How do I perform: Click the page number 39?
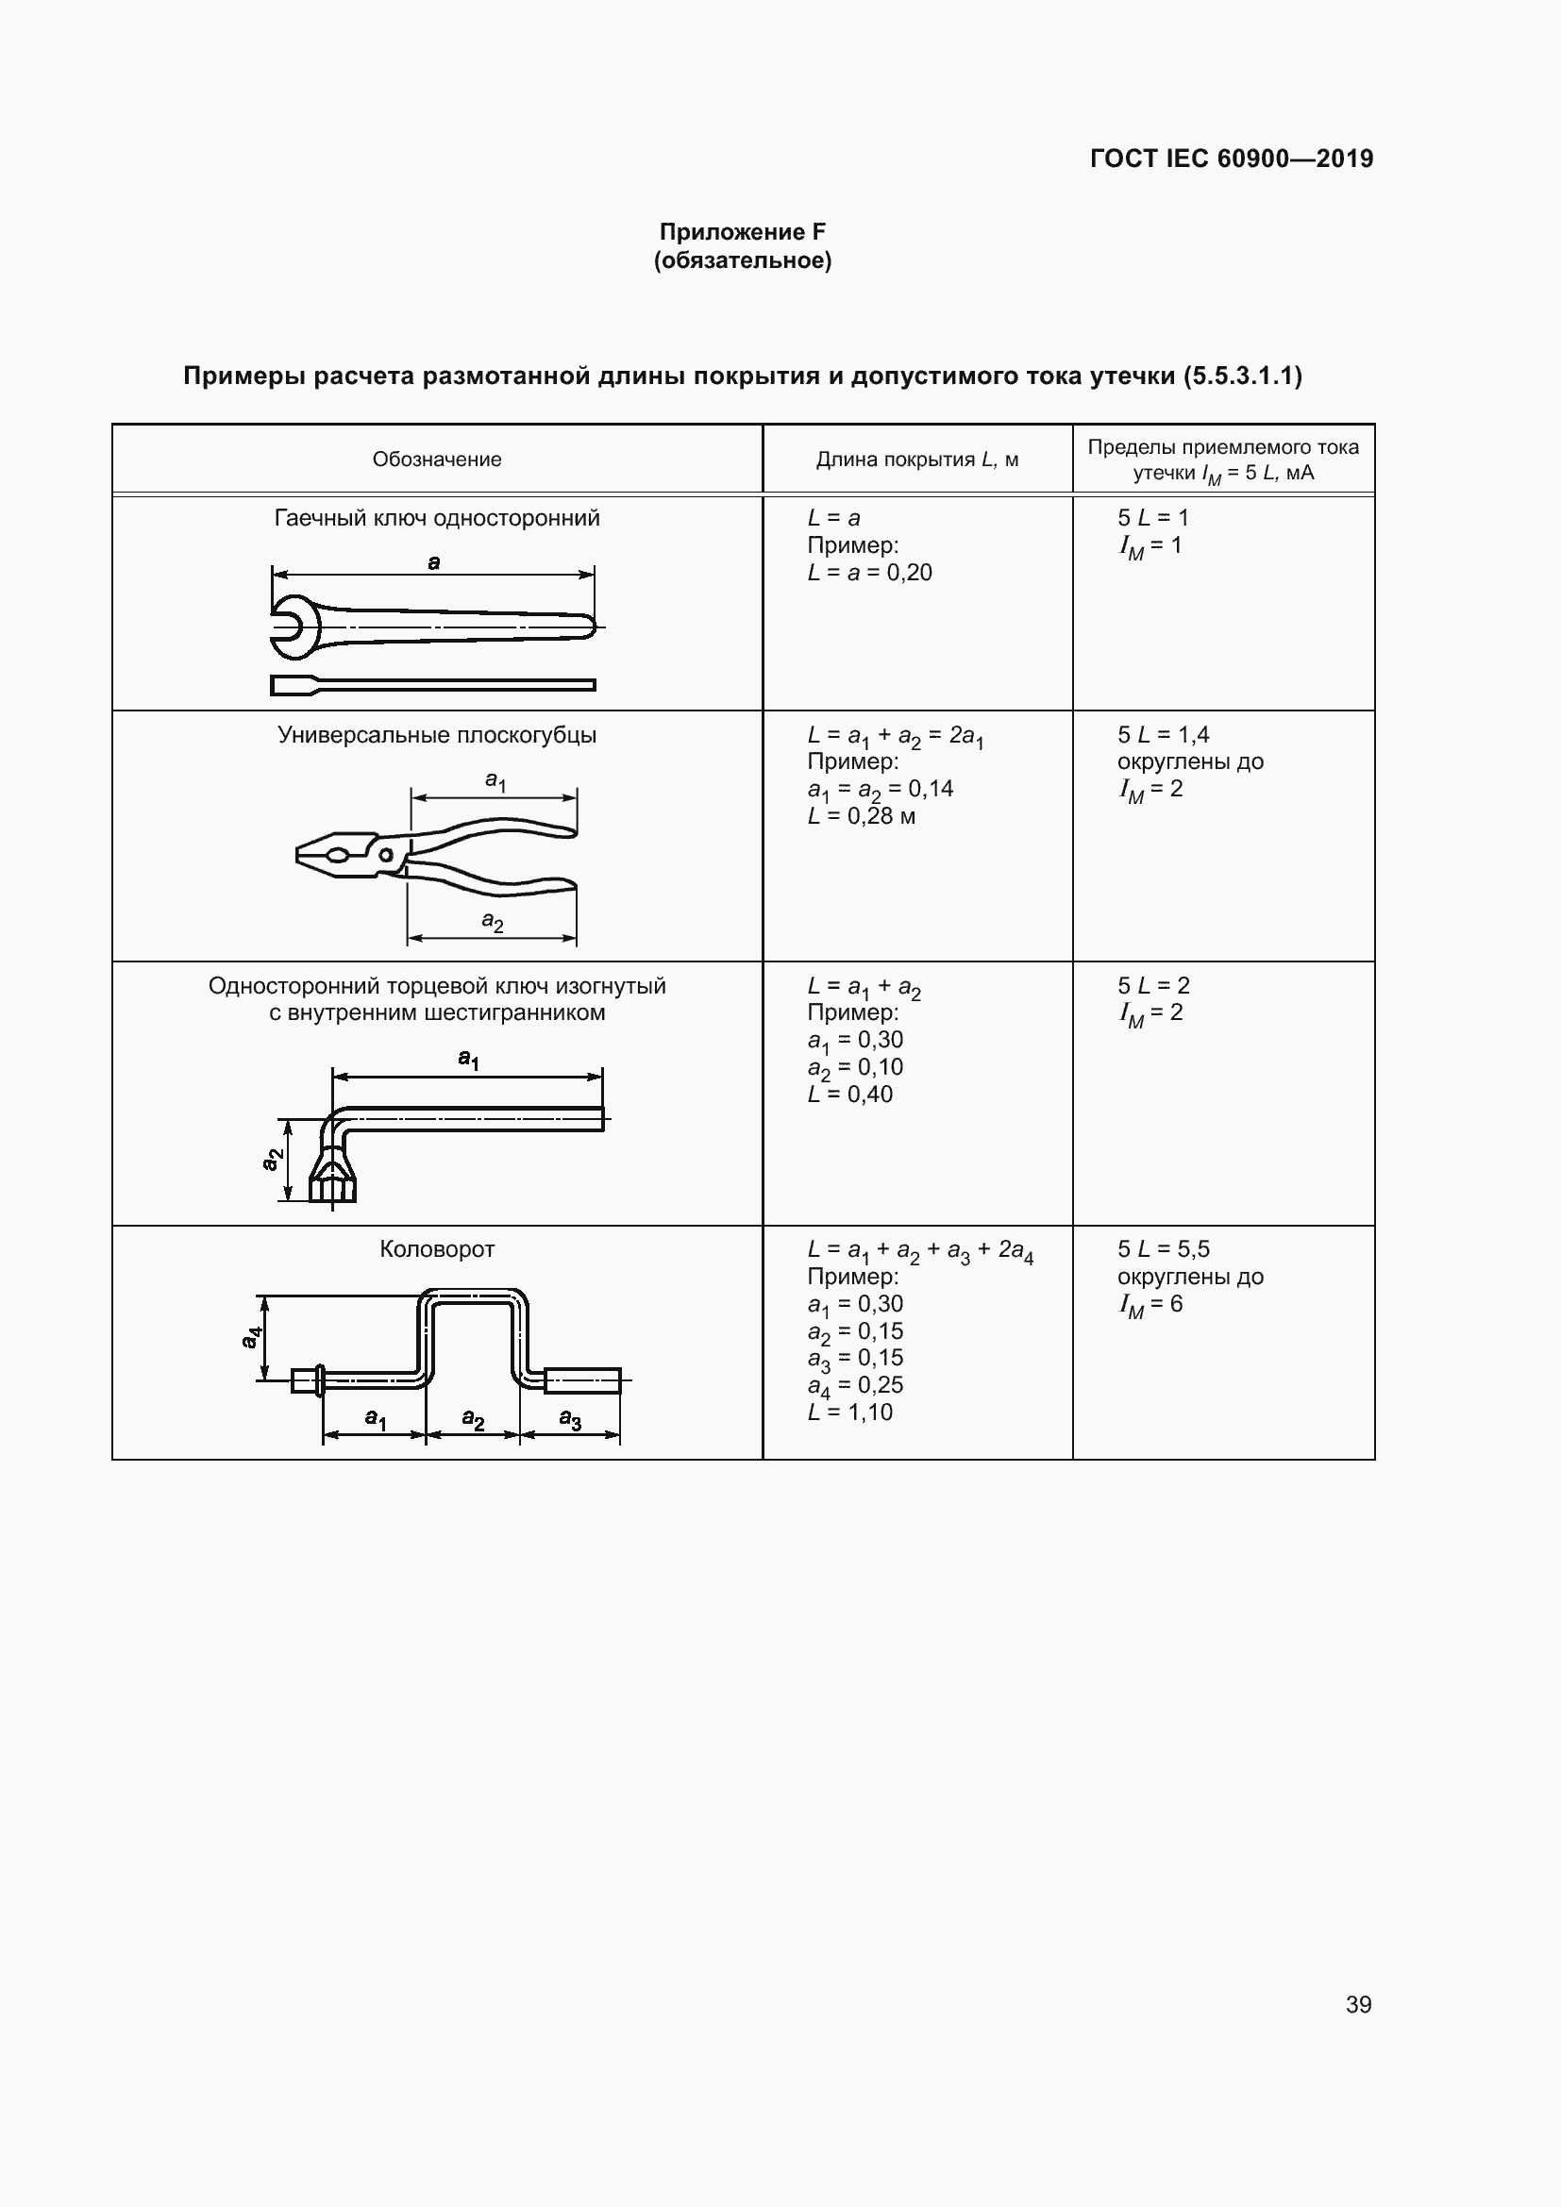pyautogui.click(x=1358, y=2004)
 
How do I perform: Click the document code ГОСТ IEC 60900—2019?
pyautogui.click(x=1232, y=159)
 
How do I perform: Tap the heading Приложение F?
pyautogui.click(x=742, y=232)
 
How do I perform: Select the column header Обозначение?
pyautogui.click(x=436, y=460)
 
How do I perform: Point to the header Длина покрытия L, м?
pyautogui.click(x=917, y=460)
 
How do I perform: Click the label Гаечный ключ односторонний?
pyautogui.click(x=436, y=518)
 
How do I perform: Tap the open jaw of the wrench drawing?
pyautogui.click(x=289, y=627)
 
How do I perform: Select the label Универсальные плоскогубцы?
pyautogui.click(x=436, y=735)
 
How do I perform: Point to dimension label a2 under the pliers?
pyautogui.click(x=492, y=922)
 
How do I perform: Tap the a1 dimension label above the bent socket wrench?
pyautogui.click(x=468, y=1060)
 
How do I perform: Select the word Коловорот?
pyautogui.click(x=436, y=1249)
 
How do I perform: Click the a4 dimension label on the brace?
pyautogui.click(x=251, y=1337)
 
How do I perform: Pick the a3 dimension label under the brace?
pyautogui.click(x=570, y=1420)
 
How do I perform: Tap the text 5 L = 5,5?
pyautogui.click(x=1163, y=1249)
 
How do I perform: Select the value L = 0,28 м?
pyautogui.click(x=862, y=816)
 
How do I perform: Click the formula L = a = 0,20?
pyautogui.click(x=869, y=573)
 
